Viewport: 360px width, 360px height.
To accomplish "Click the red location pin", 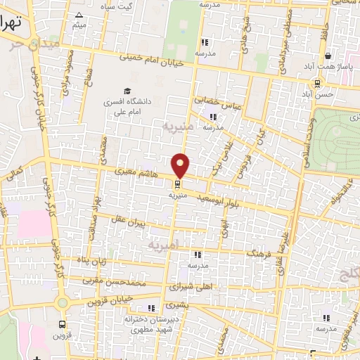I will tap(181, 165).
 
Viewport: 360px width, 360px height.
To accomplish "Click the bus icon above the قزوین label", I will tap(63, 324).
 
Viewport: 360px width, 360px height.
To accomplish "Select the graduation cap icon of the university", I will tap(127, 90).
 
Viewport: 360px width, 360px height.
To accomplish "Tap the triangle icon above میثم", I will tap(79, 14).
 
